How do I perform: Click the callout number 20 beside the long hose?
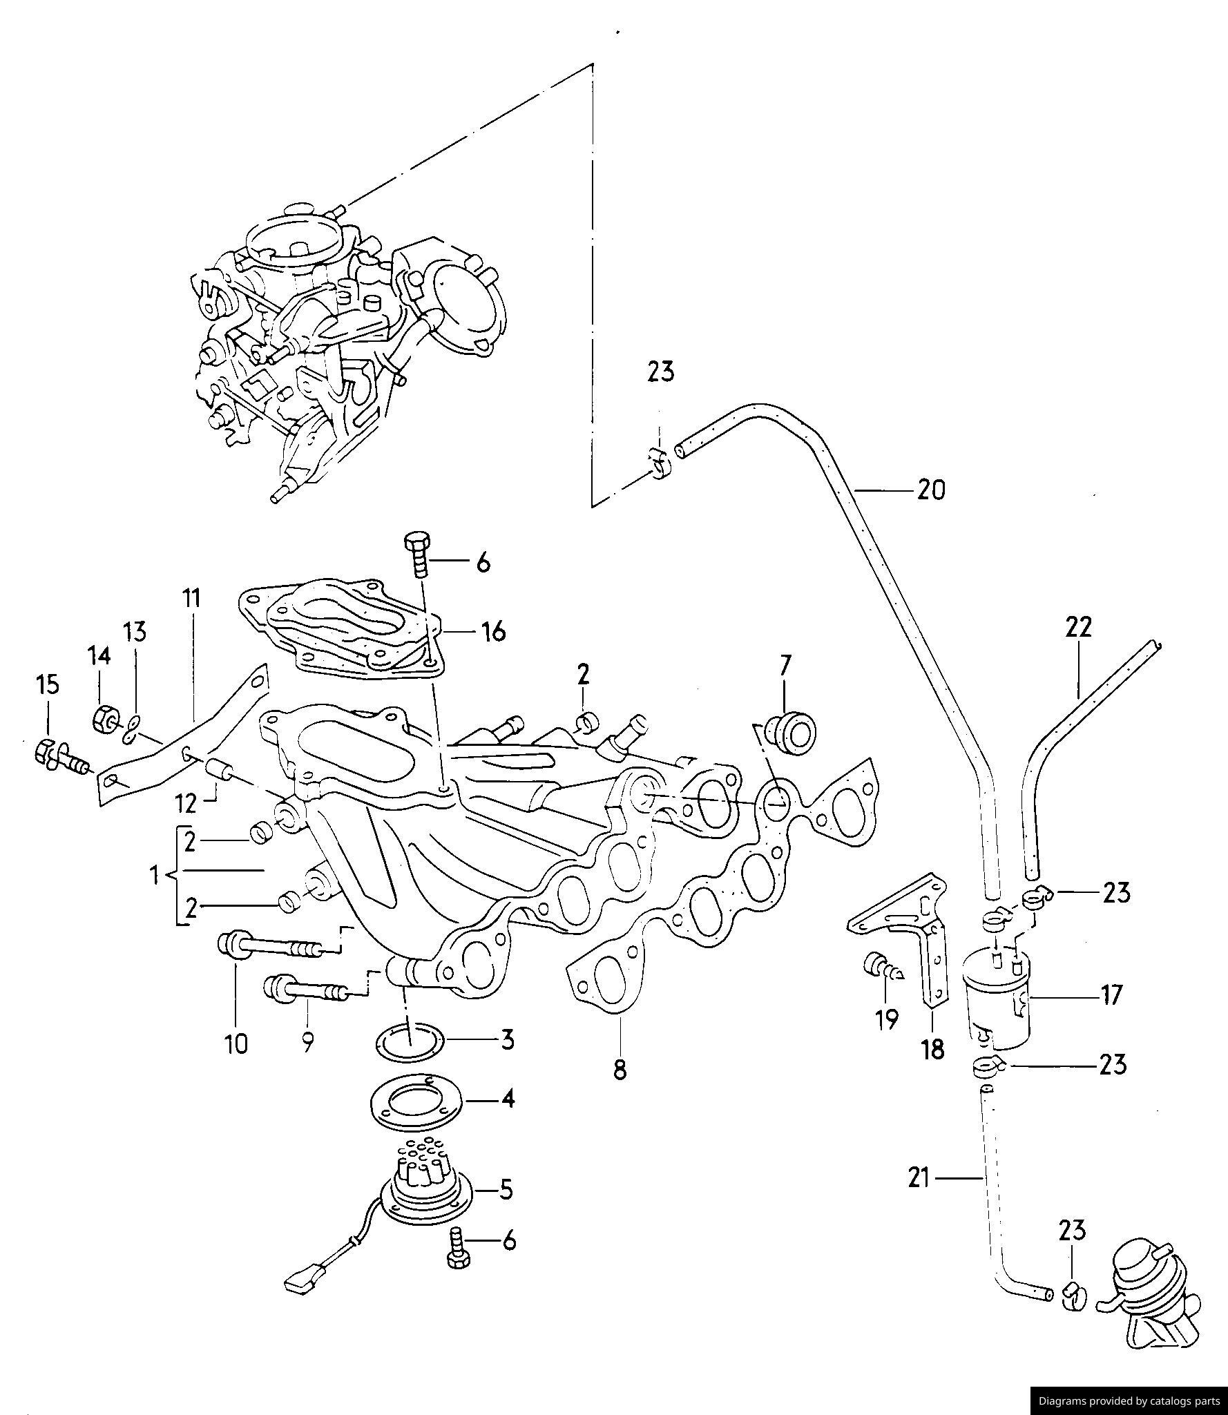click(930, 490)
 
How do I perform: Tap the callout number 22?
click(1078, 627)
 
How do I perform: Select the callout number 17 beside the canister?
click(1111, 995)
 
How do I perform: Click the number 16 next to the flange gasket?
click(494, 631)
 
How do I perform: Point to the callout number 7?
click(785, 666)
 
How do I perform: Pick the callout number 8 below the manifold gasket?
click(620, 1070)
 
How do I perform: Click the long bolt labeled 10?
click(269, 945)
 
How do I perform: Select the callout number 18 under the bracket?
click(932, 1050)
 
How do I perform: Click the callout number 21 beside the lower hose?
click(919, 1178)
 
